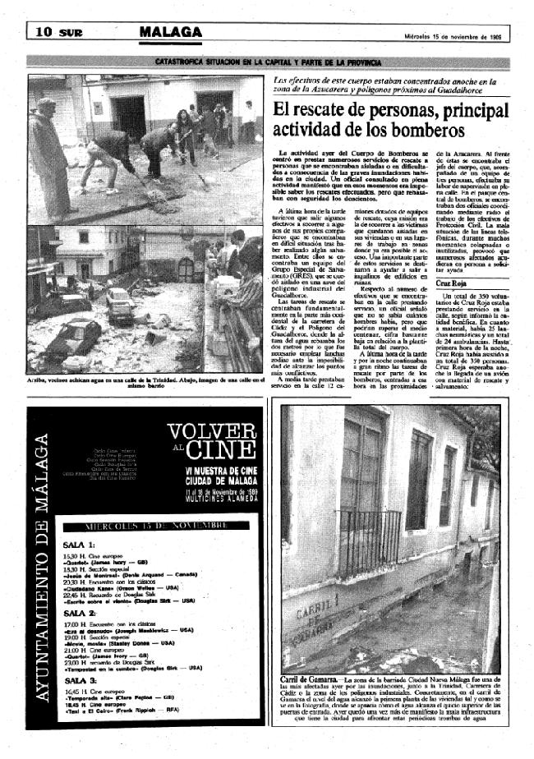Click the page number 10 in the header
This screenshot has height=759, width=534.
tap(44, 32)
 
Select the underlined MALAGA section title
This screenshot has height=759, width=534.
tap(170, 32)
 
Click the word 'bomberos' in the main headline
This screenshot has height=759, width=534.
tap(423, 129)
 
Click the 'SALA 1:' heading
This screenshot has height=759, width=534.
tap(81, 544)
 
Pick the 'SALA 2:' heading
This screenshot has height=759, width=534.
tap(81, 613)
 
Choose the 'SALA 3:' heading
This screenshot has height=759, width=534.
tap(81, 681)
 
